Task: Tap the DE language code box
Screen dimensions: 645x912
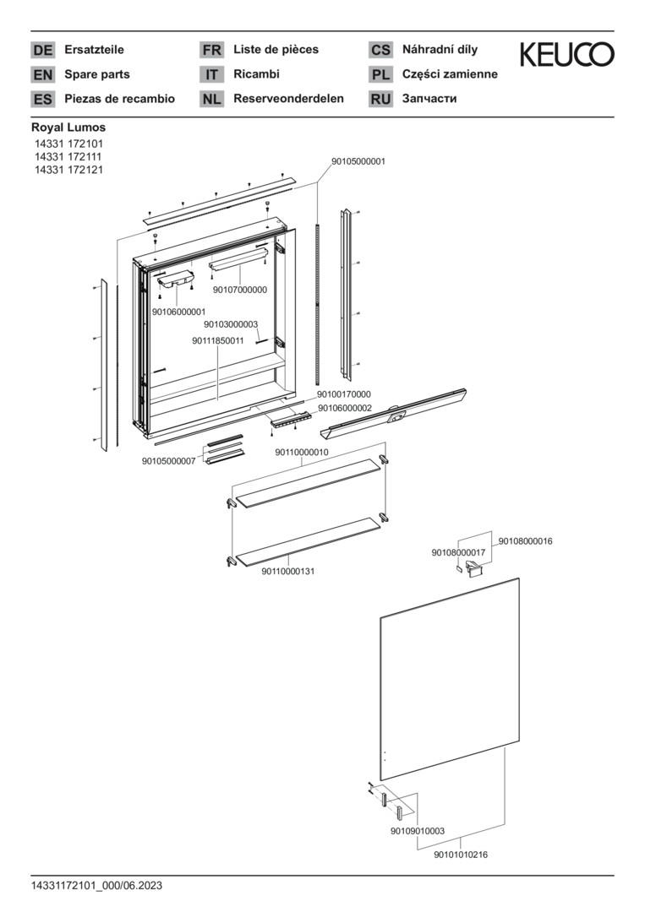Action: tap(42, 50)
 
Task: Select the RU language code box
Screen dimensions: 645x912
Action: tap(380, 99)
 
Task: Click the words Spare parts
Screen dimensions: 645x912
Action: tap(97, 74)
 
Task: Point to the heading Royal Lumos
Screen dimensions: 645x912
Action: tap(68, 128)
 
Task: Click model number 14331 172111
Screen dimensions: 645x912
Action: tap(68, 157)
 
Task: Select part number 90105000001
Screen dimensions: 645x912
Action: tap(358, 161)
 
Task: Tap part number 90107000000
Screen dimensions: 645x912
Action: tap(240, 290)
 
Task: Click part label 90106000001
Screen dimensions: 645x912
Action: tap(178, 312)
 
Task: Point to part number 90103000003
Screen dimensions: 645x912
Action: tap(231, 324)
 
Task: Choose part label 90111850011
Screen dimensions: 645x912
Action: tap(218, 340)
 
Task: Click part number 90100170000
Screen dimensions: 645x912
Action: tap(343, 394)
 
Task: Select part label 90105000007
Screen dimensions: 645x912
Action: tap(169, 461)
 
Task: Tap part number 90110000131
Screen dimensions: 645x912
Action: tap(288, 571)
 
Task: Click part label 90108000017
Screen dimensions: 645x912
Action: tap(458, 552)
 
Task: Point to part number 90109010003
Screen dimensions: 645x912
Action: tap(418, 831)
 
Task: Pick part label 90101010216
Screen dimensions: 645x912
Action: tap(461, 855)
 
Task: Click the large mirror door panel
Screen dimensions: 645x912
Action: tap(450, 679)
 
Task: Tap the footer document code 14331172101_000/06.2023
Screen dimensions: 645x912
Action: tap(96, 886)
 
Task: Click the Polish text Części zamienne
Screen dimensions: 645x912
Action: tap(450, 74)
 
